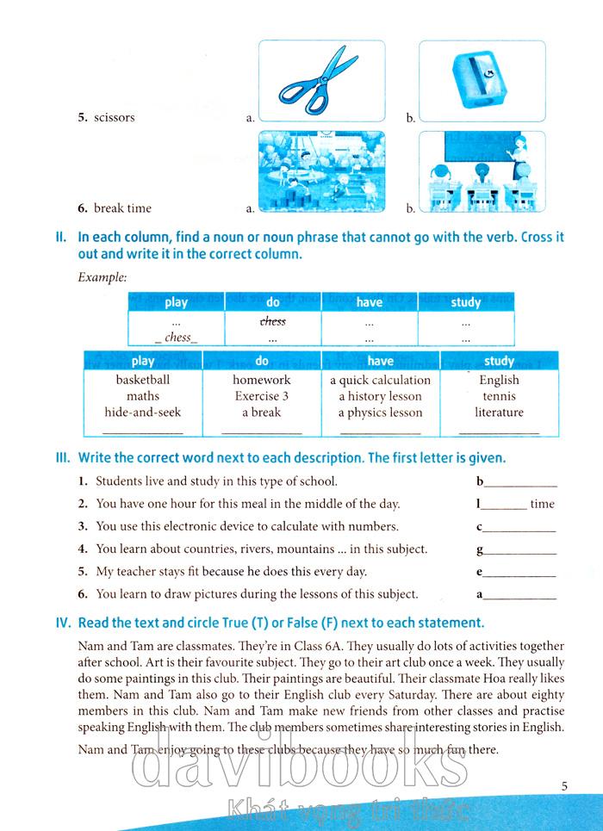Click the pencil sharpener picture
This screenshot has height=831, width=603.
(482, 81)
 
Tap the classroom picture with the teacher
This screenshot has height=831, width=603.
(482, 171)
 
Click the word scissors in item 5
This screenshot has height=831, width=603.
(115, 118)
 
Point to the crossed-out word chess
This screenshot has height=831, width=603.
(273, 321)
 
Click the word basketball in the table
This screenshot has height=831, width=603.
(143, 380)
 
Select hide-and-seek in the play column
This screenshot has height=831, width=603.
(143, 412)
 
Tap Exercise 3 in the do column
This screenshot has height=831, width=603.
(262, 396)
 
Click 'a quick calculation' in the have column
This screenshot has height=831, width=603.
(380, 380)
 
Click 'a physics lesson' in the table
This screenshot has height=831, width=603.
(380, 412)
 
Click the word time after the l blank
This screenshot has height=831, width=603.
(543, 504)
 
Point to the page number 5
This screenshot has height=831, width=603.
(564, 785)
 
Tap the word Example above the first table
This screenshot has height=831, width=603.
(102, 277)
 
